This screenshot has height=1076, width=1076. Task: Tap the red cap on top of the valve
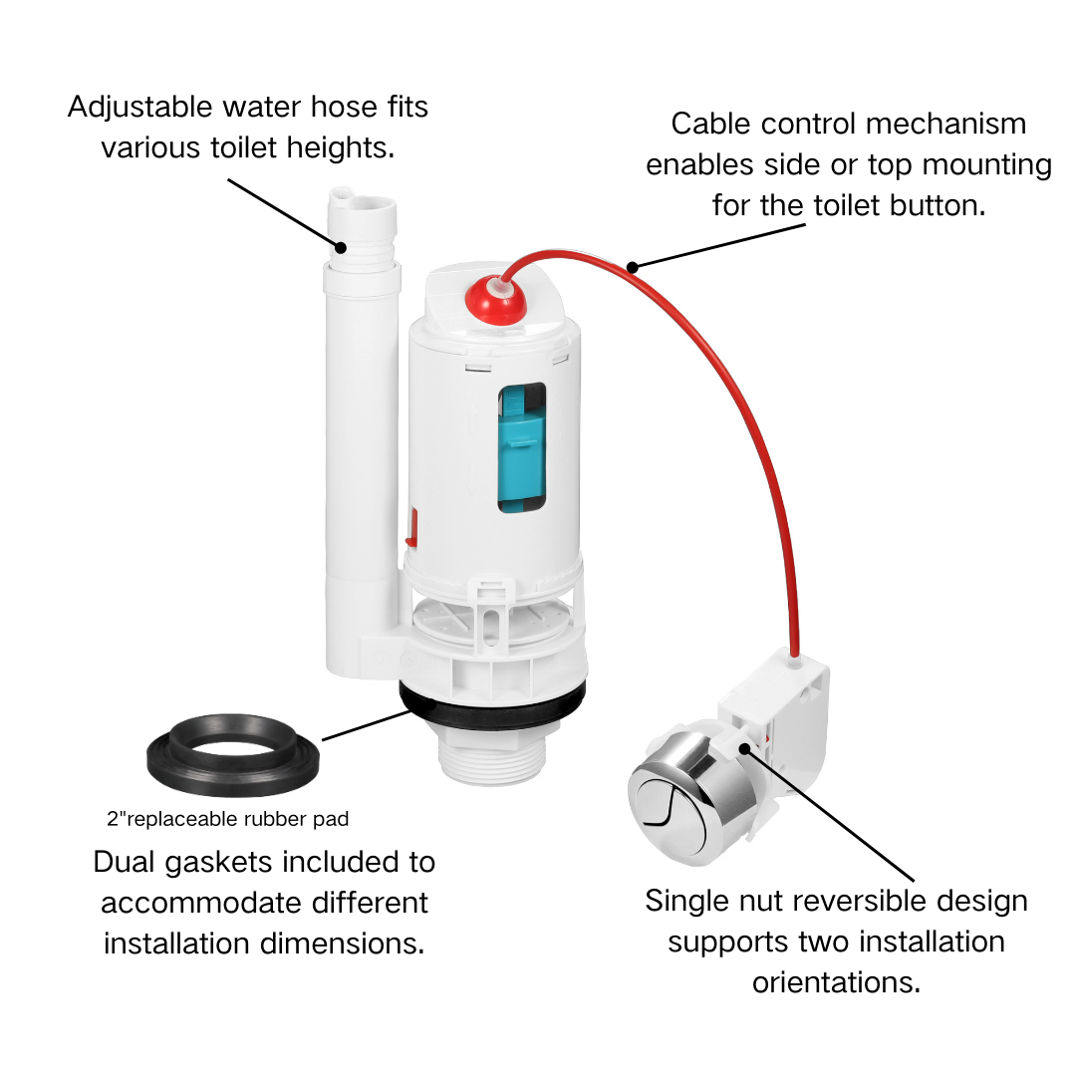[494, 296]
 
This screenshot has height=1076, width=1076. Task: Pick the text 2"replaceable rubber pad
[228, 820]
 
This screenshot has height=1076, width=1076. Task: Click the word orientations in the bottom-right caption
[835, 981]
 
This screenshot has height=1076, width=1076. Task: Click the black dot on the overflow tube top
[340, 247]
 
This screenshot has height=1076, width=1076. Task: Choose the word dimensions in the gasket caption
[344, 941]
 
